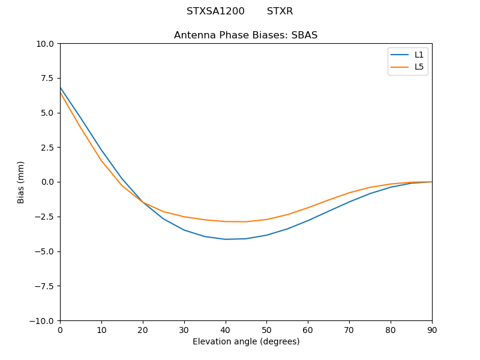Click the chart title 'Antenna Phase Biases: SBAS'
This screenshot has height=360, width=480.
(245, 35)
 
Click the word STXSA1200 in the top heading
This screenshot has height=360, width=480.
(215, 11)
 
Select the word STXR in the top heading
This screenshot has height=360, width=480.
(280, 11)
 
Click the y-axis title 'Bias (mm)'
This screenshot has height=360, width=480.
(21, 182)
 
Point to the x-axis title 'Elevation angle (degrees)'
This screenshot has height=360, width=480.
(246, 342)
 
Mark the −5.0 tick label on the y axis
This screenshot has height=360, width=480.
(44, 251)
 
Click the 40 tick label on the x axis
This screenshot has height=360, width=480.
(226, 330)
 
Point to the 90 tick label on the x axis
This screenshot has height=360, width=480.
(432, 330)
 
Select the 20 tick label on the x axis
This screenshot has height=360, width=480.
(143, 330)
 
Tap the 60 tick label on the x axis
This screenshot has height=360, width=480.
(308, 330)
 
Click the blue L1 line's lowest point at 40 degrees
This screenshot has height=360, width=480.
(226, 239)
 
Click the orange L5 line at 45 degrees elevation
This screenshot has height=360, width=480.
(246, 221)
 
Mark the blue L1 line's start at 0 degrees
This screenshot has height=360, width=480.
(61, 88)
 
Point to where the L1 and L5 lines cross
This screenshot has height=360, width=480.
(143, 202)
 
